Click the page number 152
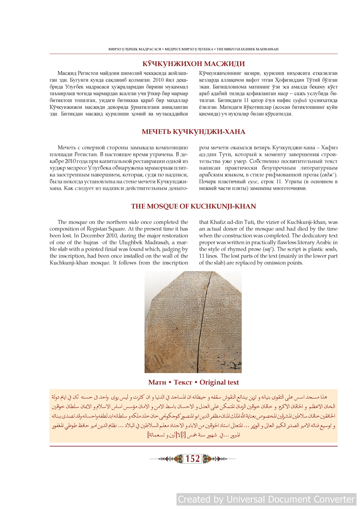coord(193,459)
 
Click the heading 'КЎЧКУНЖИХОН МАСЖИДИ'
coord(194,64)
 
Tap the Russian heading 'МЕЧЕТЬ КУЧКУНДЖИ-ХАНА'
coord(194,132)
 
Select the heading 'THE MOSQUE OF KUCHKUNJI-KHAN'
coord(194,206)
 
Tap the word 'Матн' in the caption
coord(157,382)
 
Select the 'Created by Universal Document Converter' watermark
coord(266,499)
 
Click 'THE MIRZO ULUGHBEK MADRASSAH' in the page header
coord(248,49)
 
